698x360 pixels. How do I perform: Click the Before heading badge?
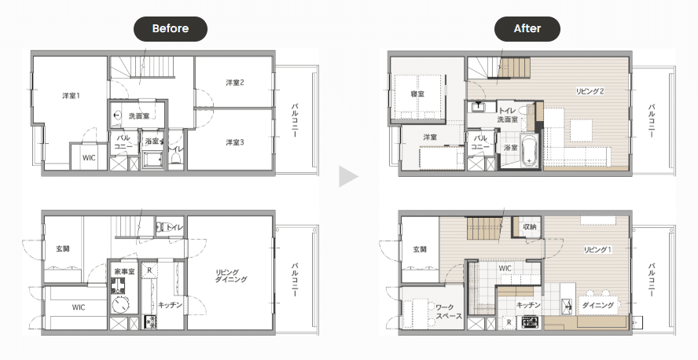click(171, 28)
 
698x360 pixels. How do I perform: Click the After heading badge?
click(527, 28)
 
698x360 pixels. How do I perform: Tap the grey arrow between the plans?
click(348, 177)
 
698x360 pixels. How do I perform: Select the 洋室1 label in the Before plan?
click(72, 95)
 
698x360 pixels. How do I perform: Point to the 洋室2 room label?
click(234, 83)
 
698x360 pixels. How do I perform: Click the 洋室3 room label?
click(234, 142)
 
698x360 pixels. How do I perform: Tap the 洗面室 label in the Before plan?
click(139, 116)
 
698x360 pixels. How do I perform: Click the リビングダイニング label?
click(231, 276)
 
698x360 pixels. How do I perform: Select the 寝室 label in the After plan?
click(417, 94)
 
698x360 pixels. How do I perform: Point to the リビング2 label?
click(590, 91)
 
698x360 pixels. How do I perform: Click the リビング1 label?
click(597, 250)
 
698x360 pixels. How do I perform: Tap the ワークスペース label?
click(448, 311)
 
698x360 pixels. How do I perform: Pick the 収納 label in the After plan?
click(530, 226)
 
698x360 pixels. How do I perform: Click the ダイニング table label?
click(598, 305)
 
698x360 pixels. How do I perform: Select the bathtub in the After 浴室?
click(529, 150)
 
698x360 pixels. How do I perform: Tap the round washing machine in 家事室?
click(120, 306)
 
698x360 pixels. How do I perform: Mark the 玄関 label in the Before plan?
click(62, 248)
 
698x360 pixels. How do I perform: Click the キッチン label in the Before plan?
click(170, 305)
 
